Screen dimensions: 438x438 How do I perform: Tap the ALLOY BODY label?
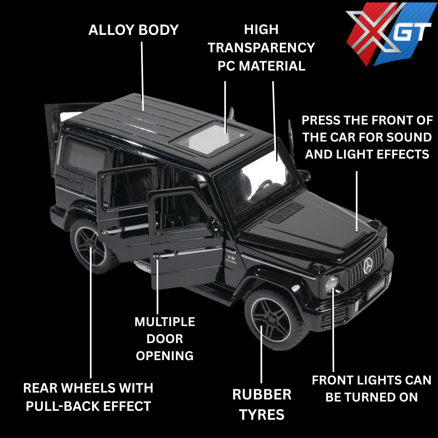click(x=133, y=30)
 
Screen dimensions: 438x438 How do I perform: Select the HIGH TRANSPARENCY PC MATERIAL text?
click(x=262, y=48)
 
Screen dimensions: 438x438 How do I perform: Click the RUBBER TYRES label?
click(x=262, y=404)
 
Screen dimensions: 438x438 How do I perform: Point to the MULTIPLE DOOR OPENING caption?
click(x=165, y=339)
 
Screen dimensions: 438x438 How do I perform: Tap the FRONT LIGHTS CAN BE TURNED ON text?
click(x=371, y=389)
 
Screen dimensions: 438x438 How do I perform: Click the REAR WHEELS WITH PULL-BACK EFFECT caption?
click(x=88, y=397)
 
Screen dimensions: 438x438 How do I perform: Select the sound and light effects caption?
click(x=367, y=137)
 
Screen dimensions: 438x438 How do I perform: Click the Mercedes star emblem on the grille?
click(x=368, y=266)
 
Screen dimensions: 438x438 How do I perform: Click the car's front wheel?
click(x=271, y=317)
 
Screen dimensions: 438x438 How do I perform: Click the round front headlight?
click(x=332, y=283)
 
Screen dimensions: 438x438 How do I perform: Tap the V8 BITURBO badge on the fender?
click(x=231, y=259)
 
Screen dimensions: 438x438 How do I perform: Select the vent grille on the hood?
click(x=285, y=213)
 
